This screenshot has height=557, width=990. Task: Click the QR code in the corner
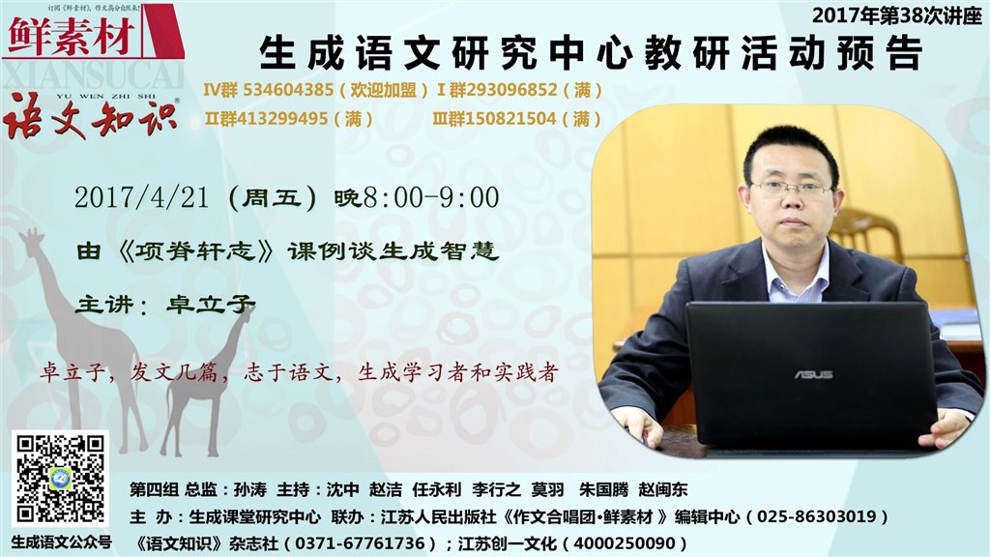60,479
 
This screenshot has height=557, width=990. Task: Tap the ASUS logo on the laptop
813,374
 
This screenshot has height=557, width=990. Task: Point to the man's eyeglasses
792,189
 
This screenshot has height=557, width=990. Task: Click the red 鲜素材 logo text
73,36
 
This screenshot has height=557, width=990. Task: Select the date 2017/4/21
141,197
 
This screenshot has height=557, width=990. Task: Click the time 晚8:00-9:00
417,197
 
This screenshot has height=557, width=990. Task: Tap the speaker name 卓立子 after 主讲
211,305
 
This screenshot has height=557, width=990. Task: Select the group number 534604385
288,90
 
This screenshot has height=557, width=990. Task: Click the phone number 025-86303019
817,516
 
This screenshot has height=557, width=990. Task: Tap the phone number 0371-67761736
360,543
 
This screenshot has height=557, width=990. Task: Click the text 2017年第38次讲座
897,15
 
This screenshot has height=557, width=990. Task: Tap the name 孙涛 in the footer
250,489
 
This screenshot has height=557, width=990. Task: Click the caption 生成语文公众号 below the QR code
61,542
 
